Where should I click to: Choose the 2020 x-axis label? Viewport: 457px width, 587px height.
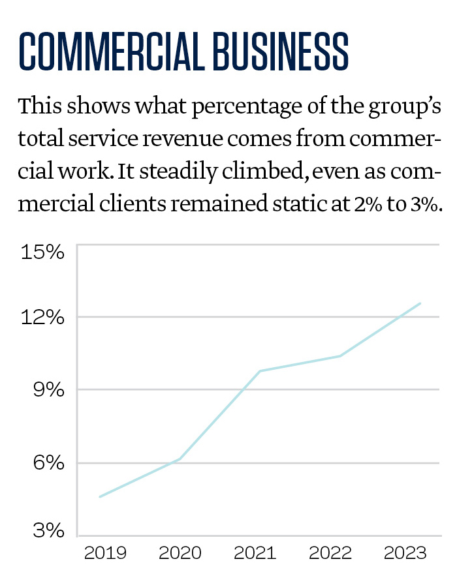click(x=180, y=554)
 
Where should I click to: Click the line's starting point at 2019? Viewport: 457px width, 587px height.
click(x=99, y=497)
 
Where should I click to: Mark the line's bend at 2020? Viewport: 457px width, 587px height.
click(x=180, y=459)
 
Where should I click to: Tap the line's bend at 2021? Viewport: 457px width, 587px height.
click(x=260, y=371)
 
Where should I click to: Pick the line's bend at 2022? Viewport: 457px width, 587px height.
click(x=340, y=355)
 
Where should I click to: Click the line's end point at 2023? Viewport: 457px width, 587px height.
click(x=420, y=303)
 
